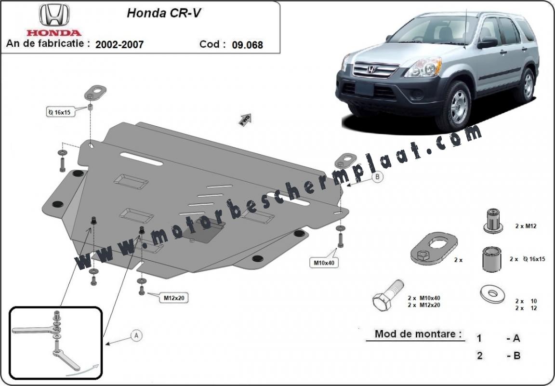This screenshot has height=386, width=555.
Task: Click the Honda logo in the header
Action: tap(54, 15)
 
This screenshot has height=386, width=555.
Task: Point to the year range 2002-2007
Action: tap(119, 44)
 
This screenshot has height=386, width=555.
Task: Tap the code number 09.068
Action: tap(248, 45)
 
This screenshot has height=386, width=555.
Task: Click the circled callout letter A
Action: tap(136, 335)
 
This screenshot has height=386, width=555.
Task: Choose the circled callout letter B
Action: tap(378, 176)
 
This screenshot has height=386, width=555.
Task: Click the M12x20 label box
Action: tap(173, 298)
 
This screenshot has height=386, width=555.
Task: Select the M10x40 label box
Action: tap(324, 263)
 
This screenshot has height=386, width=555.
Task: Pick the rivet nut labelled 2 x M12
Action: tap(493, 221)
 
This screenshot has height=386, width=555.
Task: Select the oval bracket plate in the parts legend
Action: tap(434, 249)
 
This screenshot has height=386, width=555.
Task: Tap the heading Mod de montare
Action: tap(418, 333)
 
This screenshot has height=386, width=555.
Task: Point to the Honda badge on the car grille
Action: tap(371, 69)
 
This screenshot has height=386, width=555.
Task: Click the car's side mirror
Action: tap(488, 43)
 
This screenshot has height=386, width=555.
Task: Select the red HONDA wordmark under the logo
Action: tap(54, 33)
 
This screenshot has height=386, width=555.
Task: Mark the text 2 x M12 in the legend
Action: tap(526, 226)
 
